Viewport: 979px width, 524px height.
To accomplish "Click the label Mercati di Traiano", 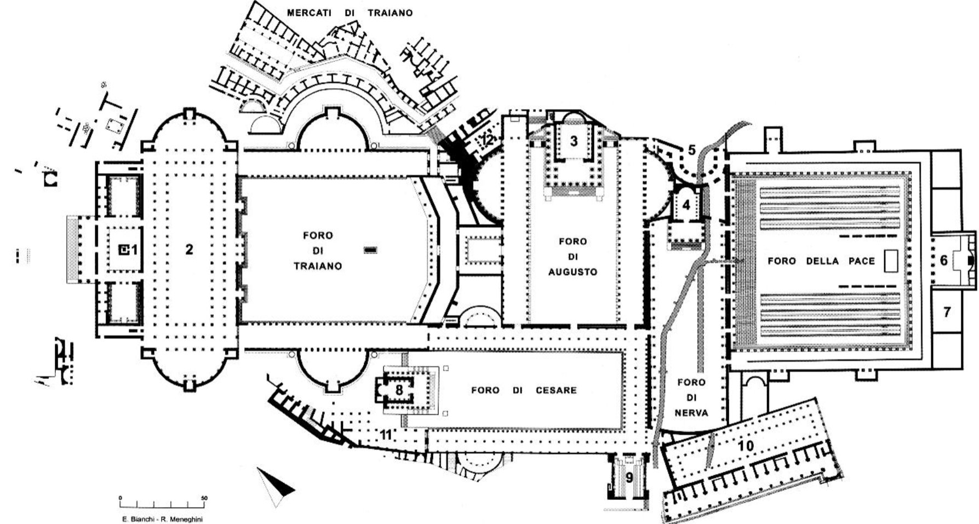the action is click(x=350, y=13).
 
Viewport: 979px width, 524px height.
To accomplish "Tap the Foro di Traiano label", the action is click(x=318, y=251).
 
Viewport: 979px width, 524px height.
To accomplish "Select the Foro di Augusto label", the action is click(x=572, y=256).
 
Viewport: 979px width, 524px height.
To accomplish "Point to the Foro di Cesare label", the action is click(x=524, y=390).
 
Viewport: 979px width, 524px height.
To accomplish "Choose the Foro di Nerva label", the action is click(x=691, y=398).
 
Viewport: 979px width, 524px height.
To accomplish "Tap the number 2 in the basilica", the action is click(x=189, y=250).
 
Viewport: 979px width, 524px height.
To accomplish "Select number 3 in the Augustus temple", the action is click(x=574, y=141).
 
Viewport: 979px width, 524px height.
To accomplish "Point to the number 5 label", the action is click(x=691, y=149).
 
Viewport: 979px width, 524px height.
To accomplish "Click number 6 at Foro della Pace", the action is click(x=943, y=261).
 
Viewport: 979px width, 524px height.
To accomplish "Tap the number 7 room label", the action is click(x=947, y=312).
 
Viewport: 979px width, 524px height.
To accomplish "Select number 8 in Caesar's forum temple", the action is click(x=399, y=390).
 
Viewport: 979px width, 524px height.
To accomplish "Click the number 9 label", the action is click(x=629, y=478).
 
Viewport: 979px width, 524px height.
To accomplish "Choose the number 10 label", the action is click(x=746, y=446).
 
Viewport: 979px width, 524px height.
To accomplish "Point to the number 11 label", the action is click(x=386, y=435).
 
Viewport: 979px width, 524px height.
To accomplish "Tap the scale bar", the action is click(x=162, y=502).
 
